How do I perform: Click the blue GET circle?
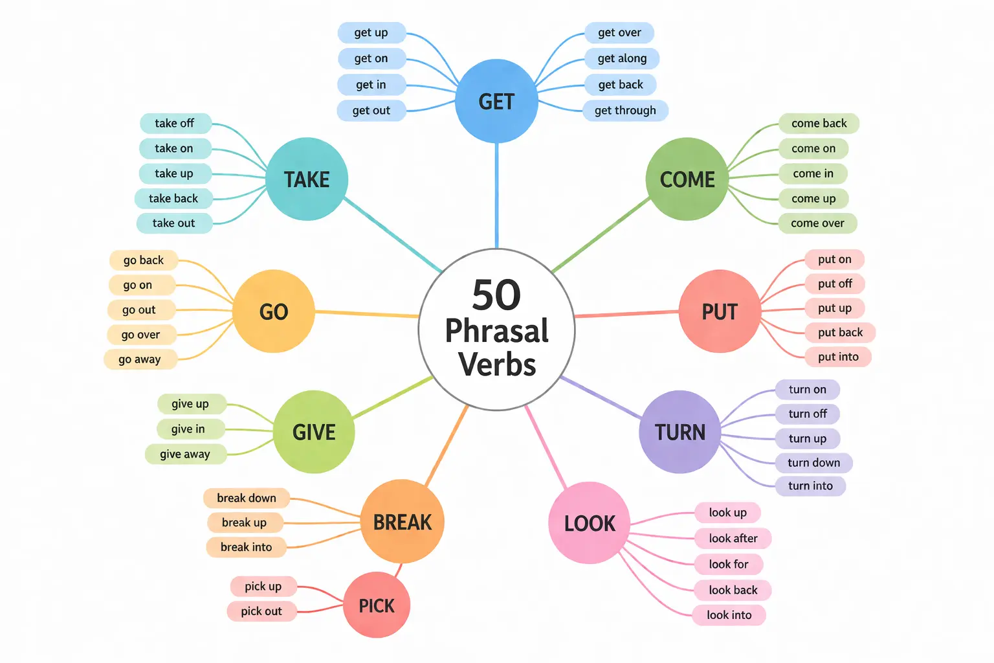coord(496,101)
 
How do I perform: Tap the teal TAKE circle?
coord(307,179)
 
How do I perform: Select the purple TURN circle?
coord(679,432)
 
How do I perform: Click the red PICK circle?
coord(377,605)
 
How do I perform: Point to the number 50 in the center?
coord(496,295)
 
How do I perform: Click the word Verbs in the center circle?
coord(497,364)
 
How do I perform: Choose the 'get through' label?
coord(625,110)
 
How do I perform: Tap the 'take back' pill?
coord(173,198)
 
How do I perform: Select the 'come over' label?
coord(817,223)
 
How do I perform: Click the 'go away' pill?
coord(140,359)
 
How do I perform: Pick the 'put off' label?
coord(835,284)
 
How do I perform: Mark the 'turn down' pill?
coord(813,462)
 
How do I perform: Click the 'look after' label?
coord(733,538)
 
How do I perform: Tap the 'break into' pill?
coord(246,547)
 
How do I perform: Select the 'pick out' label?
coord(261,611)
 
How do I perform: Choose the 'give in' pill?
coord(188,429)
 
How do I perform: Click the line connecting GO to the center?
coord(367,314)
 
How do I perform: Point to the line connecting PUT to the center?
coord(626,314)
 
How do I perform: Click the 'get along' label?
coord(622,58)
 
